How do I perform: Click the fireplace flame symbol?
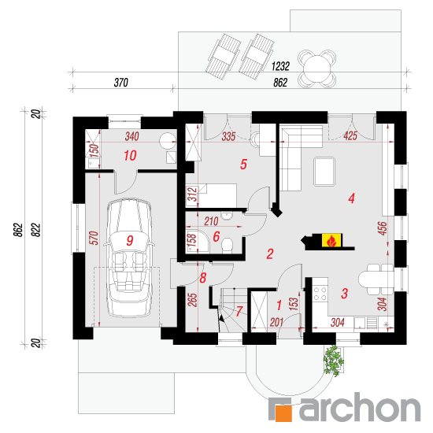(x=331, y=240)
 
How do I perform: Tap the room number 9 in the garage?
(x=130, y=241)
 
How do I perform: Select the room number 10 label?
(x=130, y=156)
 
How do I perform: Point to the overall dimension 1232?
(x=280, y=66)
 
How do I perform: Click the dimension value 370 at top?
(x=121, y=83)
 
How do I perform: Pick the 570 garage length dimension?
(x=94, y=238)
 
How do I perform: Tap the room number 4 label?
(x=351, y=198)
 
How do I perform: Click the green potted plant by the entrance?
(x=334, y=361)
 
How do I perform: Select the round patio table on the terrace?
(x=317, y=68)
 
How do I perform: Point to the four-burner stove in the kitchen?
(x=320, y=294)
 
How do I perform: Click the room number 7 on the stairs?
(x=239, y=311)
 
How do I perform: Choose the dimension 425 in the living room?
(x=350, y=136)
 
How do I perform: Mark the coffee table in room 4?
(x=324, y=172)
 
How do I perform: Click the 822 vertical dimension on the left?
(x=36, y=230)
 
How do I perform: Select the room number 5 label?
(x=243, y=165)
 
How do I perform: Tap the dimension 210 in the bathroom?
(x=211, y=221)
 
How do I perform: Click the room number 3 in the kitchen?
(x=344, y=294)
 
